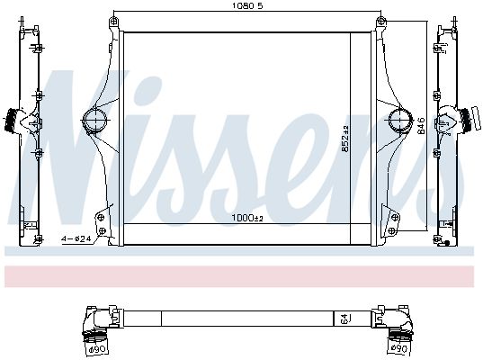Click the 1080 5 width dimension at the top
(x=244, y=7)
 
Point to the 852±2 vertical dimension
(x=345, y=139)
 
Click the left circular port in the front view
(x=94, y=119)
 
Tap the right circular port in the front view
(x=397, y=119)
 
